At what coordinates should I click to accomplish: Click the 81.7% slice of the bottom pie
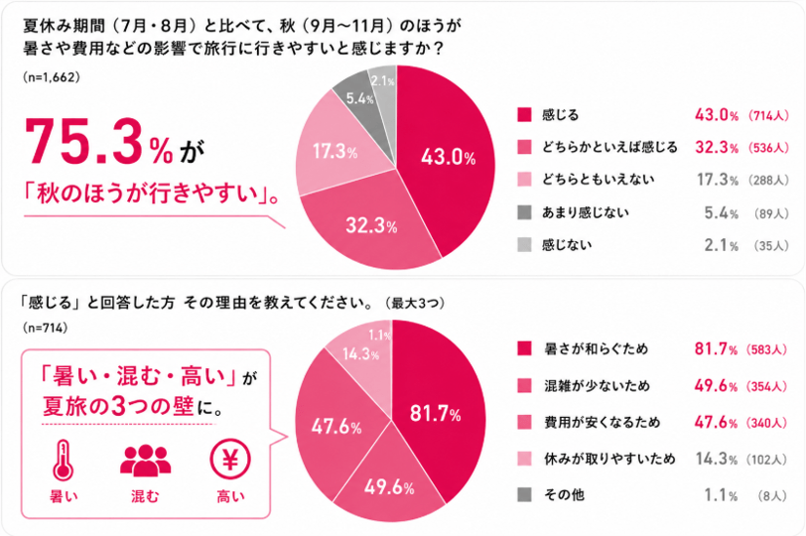point(437,411)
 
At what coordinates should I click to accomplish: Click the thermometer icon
point(64,460)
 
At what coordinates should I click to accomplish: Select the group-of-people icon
point(146,461)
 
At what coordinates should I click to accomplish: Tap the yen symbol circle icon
point(230,460)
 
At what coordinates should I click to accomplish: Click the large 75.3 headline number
point(83,142)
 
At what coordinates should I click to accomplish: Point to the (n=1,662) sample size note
point(52,77)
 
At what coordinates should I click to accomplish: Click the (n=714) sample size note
point(46,328)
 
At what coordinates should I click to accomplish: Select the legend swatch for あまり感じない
point(524,212)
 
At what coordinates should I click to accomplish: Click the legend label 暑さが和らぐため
point(597,349)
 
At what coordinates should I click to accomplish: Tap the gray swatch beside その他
point(524,494)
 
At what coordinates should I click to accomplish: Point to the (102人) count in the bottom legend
point(766,459)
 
